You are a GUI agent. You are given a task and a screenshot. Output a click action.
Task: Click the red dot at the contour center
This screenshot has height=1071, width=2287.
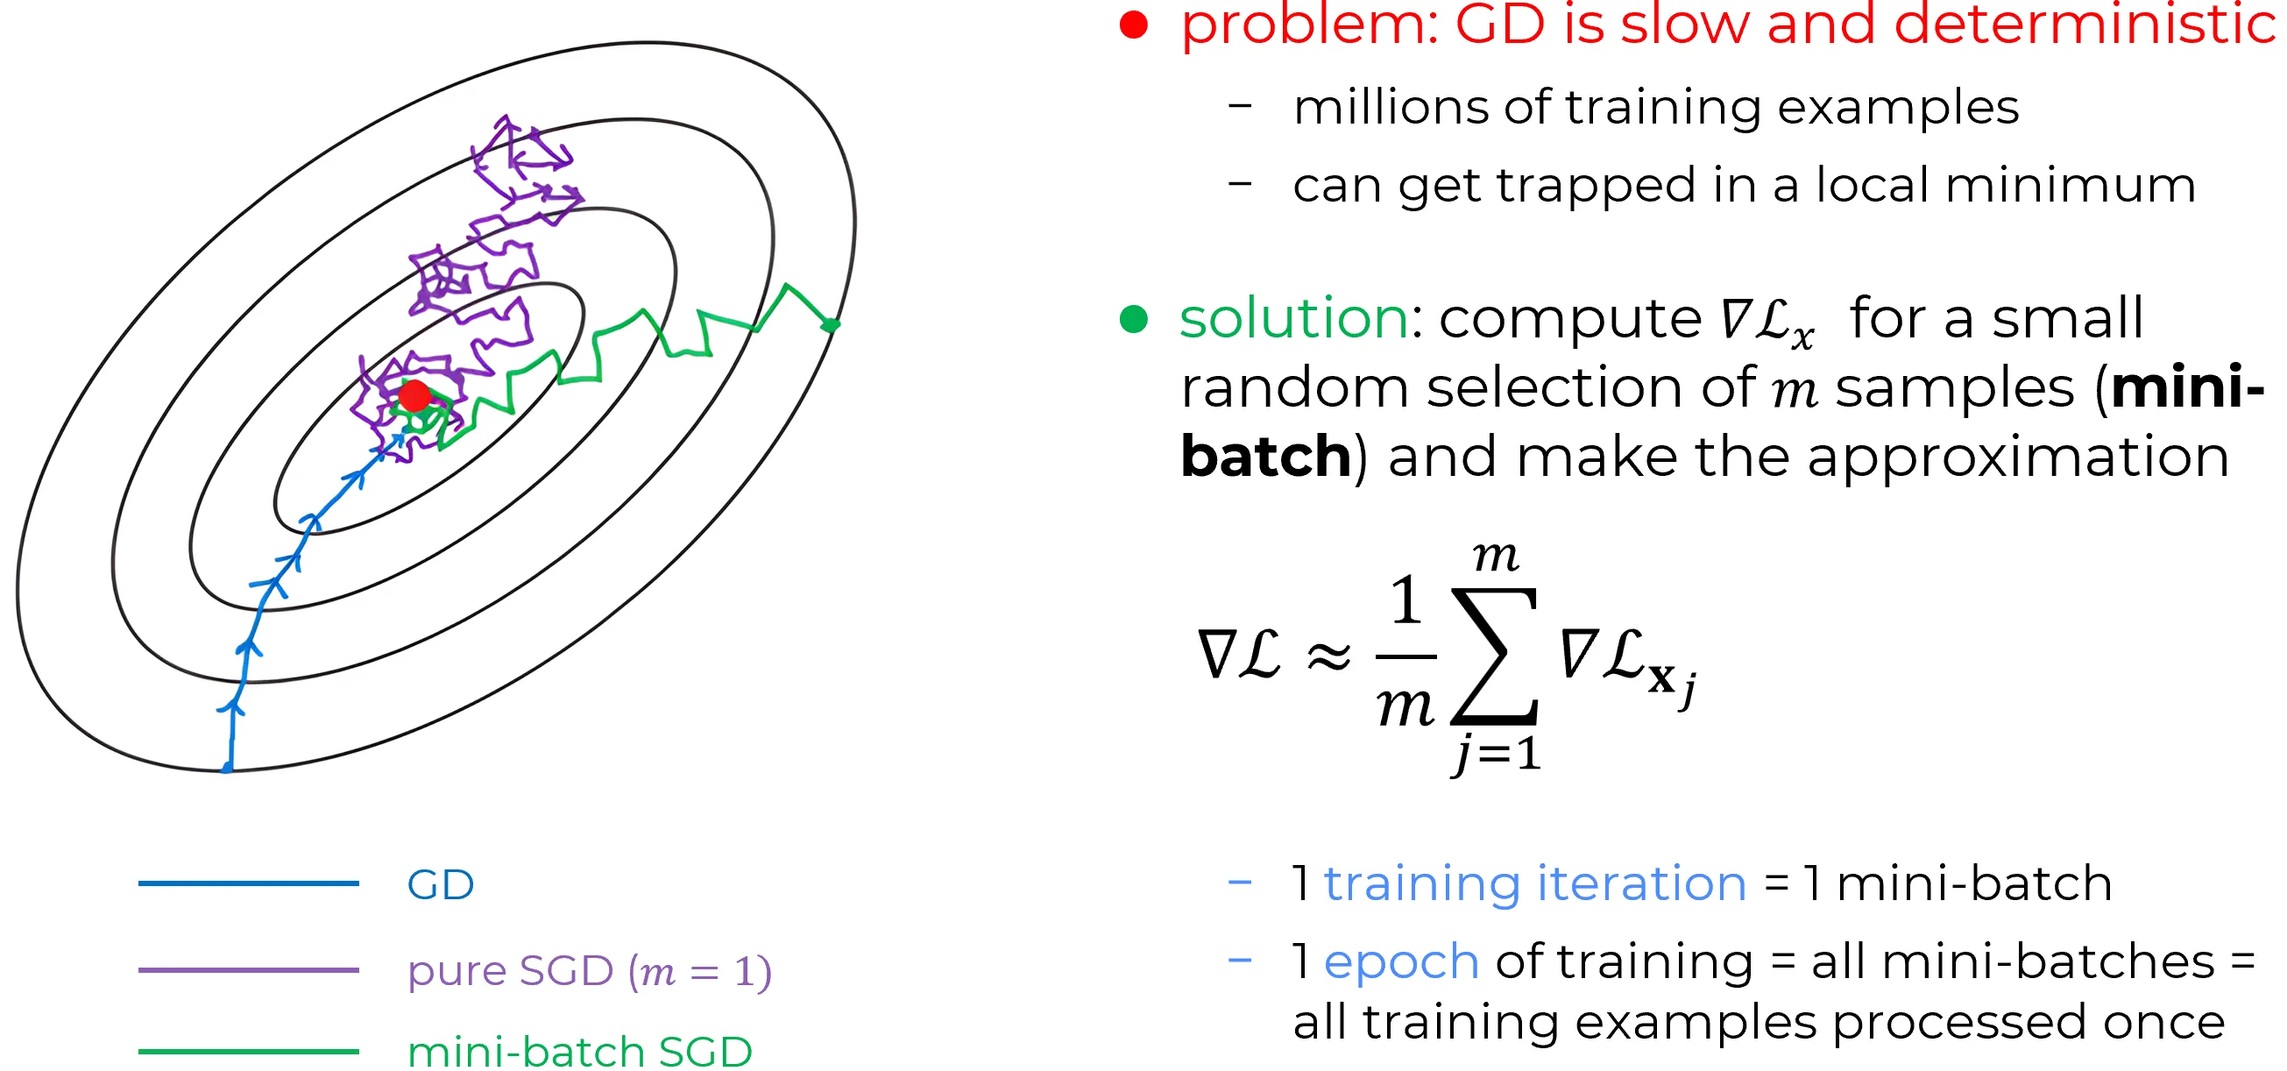[414, 396]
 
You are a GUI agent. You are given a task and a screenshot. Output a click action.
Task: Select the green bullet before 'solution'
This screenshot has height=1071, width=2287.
[1134, 318]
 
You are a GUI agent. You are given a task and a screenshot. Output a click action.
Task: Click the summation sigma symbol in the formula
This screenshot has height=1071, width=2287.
[1495, 655]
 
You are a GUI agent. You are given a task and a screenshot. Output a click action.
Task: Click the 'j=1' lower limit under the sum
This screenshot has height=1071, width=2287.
[1496, 754]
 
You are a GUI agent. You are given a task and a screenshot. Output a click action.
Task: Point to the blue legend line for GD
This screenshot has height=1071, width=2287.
[249, 883]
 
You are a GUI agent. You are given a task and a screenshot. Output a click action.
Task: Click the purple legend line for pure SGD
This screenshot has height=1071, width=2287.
[249, 969]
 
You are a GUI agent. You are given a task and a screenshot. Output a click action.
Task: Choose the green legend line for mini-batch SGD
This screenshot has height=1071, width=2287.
[249, 1052]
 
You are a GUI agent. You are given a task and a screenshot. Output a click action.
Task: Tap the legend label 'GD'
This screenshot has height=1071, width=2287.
[441, 884]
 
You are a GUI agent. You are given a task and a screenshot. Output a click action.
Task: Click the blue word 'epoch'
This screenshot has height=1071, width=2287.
[1401, 962]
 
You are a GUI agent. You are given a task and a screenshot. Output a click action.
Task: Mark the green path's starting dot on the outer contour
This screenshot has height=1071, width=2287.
[831, 325]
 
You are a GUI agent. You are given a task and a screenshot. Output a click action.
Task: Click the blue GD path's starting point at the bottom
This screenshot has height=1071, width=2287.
[227, 766]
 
